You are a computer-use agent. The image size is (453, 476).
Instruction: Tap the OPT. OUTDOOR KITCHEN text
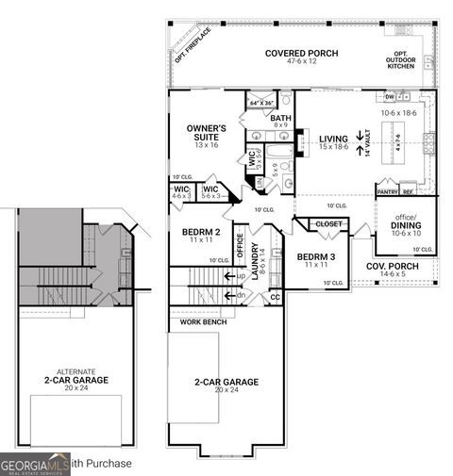pyautogui.click(x=407, y=59)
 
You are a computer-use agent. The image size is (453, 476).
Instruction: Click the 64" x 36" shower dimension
pyautogui.click(x=260, y=103)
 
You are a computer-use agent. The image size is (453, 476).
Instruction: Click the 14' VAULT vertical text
pyautogui.click(x=366, y=144)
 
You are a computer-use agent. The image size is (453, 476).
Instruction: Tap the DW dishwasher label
pyautogui.click(x=390, y=97)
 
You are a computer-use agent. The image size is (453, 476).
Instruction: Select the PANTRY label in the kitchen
pyautogui.click(x=388, y=191)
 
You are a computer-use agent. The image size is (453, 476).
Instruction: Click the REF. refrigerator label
pyautogui.click(x=409, y=191)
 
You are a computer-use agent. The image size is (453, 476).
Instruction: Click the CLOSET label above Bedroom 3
pyautogui.click(x=329, y=224)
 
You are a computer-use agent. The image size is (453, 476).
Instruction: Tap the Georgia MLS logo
pyautogui.click(x=34, y=464)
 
